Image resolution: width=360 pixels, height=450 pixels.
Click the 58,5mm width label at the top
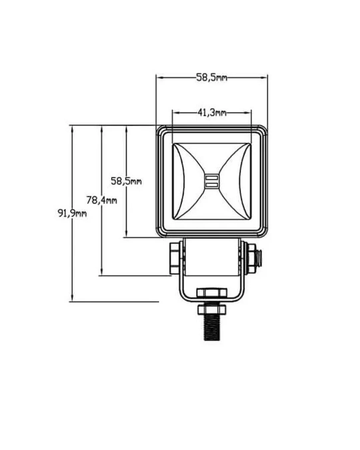click(x=211, y=78)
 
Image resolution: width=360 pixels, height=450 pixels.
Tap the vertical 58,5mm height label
click(x=126, y=181)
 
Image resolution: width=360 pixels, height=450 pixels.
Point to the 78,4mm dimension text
click(x=102, y=200)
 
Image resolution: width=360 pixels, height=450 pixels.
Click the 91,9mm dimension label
click(x=72, y=213)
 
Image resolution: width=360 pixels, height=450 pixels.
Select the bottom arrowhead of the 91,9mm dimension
click(x=72, y=298)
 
